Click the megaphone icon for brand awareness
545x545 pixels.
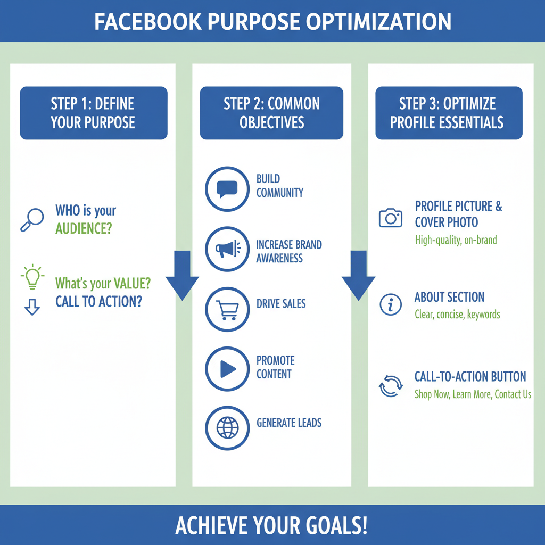[227, 249]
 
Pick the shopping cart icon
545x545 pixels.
[227, 309]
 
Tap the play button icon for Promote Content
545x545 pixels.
[227, 369]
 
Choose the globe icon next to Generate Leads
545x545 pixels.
[227, 427]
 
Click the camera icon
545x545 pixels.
[391, 218]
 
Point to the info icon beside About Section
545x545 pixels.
[391, 304]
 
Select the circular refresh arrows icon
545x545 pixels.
[391, 386]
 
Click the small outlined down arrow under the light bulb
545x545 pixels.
[32, 307]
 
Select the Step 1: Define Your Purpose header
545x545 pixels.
[93, 113]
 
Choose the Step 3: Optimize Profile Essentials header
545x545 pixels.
[448, 113]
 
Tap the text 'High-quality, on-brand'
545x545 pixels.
[456, 240]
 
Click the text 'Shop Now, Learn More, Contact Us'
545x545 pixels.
[473, 394]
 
